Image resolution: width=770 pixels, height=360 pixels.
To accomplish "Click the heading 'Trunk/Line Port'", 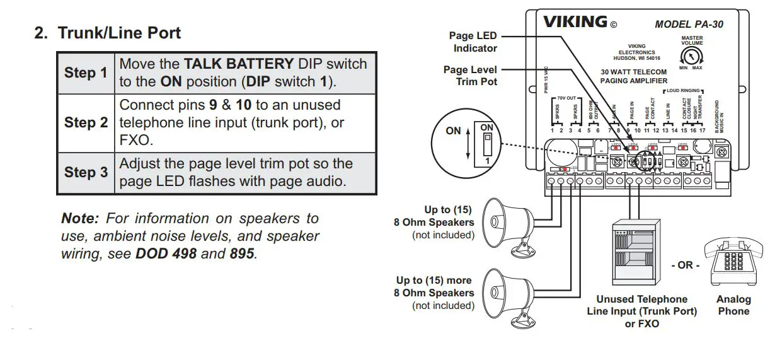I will tap(119, 33).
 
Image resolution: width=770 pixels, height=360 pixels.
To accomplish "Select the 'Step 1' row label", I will tap(86, 73).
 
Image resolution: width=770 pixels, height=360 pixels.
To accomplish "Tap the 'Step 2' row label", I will tap(86, 122).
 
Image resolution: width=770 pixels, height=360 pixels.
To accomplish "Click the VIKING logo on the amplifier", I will tap(575, 22).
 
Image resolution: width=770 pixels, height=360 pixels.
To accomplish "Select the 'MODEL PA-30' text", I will tap(689, 25).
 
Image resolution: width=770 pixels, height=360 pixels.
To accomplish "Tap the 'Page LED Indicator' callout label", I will tap(473, 42).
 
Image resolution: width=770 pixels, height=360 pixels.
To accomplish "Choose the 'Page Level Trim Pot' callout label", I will tap(470, 76).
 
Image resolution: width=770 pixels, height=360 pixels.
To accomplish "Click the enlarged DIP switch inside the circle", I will tap(486, 140).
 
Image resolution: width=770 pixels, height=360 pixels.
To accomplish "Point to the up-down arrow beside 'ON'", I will tap(467, 144).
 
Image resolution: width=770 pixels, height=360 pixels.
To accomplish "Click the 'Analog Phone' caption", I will tap(733, 305).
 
